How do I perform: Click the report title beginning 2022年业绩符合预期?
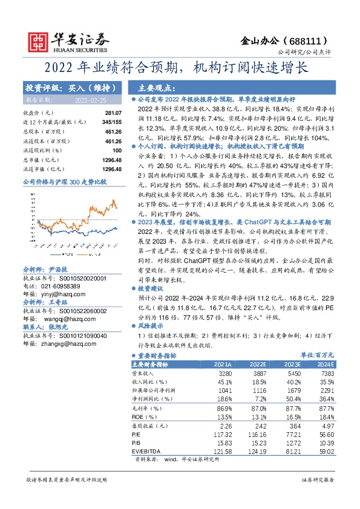tap(180, 67)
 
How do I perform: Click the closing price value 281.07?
tap(113, 113)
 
